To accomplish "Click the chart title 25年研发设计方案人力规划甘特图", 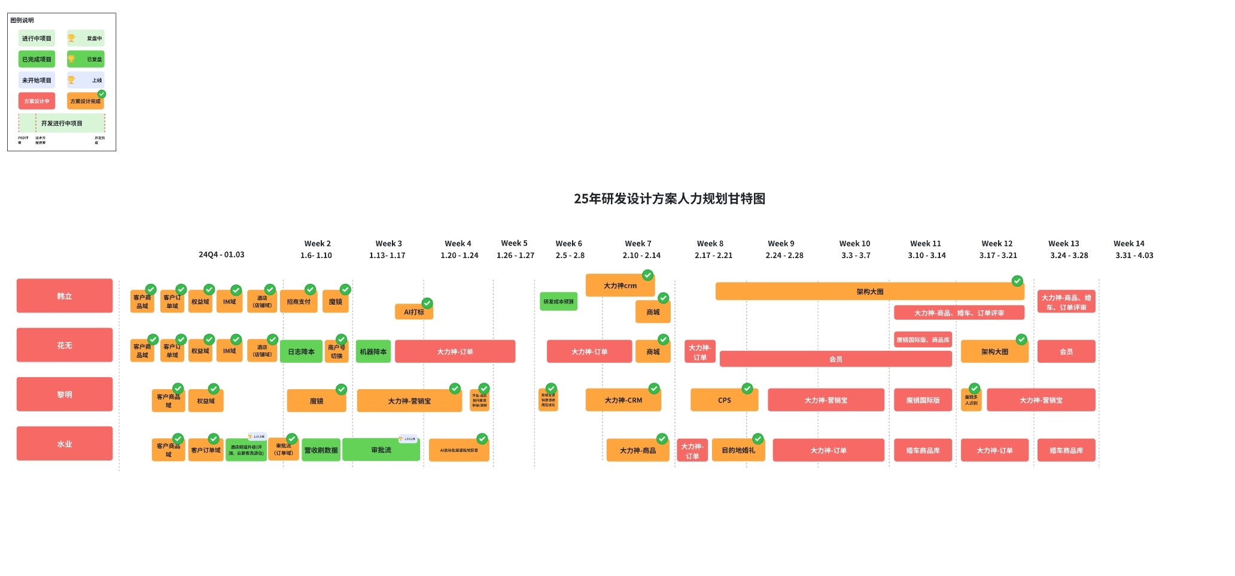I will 670,199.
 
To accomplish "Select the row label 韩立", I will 65,296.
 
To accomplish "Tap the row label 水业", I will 65,444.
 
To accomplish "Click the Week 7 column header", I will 638,244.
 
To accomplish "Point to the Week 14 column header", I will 1128,244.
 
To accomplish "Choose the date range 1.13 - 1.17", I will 387,256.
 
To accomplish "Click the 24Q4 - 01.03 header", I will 221,254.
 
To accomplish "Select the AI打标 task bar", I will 413,312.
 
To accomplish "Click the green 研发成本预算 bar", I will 558,302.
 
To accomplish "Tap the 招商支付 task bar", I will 299,302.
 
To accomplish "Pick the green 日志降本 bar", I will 301,351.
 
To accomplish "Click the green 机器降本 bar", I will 373,351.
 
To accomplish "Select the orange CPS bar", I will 724,400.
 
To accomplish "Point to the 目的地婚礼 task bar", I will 738,450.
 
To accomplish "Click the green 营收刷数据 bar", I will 321,450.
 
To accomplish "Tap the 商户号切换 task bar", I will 336,351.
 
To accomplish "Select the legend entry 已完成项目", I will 36,59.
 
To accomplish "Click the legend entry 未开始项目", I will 36,80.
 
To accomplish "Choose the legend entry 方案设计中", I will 36,101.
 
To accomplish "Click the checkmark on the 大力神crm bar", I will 647,275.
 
